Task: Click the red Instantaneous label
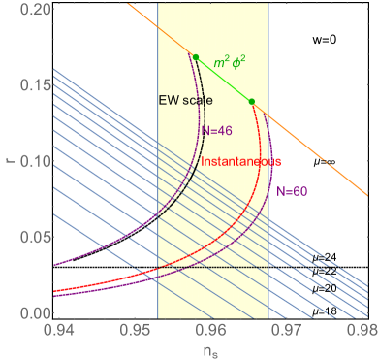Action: pyautogui.click(x=241, y=159)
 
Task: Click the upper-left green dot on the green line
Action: pyautogui.click(x=196, y=57)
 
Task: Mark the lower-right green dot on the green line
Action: pyautogui.click(x=252, y=101)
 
